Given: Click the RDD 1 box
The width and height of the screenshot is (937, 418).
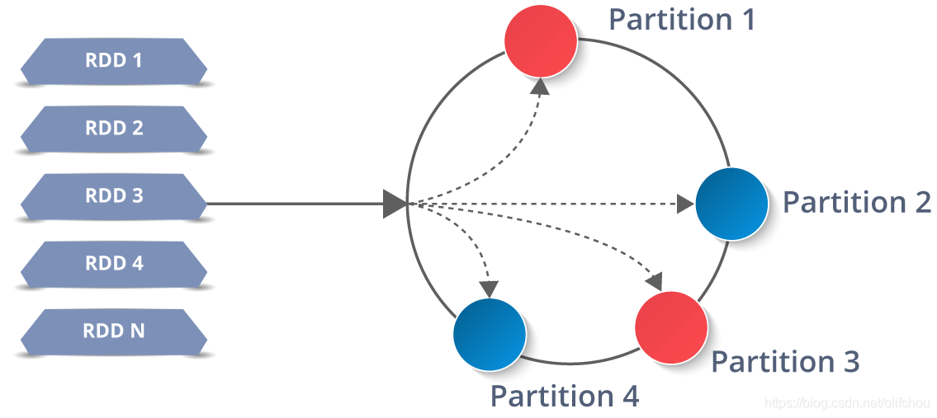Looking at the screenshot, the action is [x=114, y=60].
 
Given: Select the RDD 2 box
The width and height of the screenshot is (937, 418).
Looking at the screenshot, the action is [x=114, y=128].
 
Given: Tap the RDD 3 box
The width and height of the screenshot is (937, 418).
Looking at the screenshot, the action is [x=114, y=195].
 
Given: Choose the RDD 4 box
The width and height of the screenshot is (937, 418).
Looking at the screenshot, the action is [x=114, y=263].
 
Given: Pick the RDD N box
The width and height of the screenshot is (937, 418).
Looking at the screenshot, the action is [x=114, y=331].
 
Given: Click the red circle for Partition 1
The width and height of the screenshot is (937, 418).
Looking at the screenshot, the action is [x=541, y=40].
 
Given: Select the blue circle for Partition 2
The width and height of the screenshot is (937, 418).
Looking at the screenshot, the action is [x=732, y=204].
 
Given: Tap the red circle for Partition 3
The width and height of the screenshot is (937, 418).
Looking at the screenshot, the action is [x=671, y=327].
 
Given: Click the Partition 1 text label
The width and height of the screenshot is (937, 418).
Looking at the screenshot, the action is [x=682, y=20].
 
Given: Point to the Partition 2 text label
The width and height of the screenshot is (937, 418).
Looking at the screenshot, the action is [x=857, y=203].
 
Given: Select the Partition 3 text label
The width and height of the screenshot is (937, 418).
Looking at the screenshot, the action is [x=786, y=361].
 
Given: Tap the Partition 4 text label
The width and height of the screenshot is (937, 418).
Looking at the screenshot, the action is [x=566, y=395].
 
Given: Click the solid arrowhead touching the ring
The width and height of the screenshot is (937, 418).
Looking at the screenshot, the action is [x=395, y=204].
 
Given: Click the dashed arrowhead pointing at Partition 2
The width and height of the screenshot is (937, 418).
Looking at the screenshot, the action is [x=686, y=204].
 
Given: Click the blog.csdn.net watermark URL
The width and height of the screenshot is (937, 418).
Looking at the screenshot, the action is [x=849, y=403].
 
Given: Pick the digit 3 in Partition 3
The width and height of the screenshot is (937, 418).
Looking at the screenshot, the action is [x=850, y=362].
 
